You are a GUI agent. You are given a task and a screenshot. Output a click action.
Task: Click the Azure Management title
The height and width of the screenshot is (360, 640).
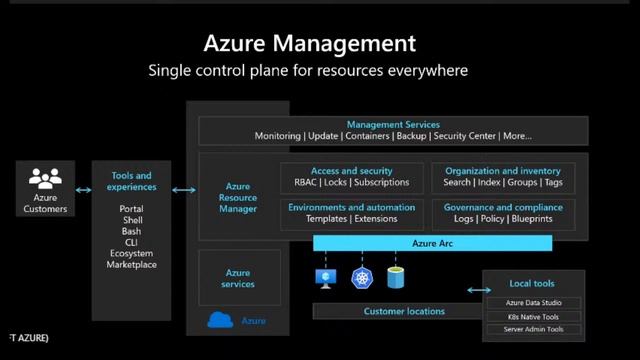309,43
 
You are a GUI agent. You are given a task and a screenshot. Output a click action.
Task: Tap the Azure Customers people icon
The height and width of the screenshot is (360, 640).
45,179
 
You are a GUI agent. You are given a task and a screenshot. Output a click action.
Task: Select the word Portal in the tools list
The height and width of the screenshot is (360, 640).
132,209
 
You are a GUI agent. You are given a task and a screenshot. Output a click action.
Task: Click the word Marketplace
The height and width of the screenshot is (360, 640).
132,265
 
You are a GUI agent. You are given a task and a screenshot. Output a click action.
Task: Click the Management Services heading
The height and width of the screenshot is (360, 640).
393,125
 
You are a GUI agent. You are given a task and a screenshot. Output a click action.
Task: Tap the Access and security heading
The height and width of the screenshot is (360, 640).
351,171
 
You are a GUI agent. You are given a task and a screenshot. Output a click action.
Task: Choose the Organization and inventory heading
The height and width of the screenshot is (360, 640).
503,171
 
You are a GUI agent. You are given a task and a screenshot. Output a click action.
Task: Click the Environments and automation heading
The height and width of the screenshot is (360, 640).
351,208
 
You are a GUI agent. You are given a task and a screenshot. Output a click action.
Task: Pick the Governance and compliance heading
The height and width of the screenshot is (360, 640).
503,208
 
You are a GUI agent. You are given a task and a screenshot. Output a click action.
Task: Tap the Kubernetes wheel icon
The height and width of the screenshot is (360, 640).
361,278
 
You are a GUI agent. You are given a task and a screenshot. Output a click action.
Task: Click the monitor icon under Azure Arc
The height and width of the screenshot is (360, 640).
326,278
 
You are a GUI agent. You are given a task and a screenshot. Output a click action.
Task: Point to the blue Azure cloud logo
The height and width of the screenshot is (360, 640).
220,320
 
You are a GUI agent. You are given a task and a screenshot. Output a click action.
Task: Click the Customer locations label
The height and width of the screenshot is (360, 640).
404,311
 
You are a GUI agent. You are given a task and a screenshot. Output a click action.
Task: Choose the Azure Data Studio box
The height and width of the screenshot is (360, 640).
533,302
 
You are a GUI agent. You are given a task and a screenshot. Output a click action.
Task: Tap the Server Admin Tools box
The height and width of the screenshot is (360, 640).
533,329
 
